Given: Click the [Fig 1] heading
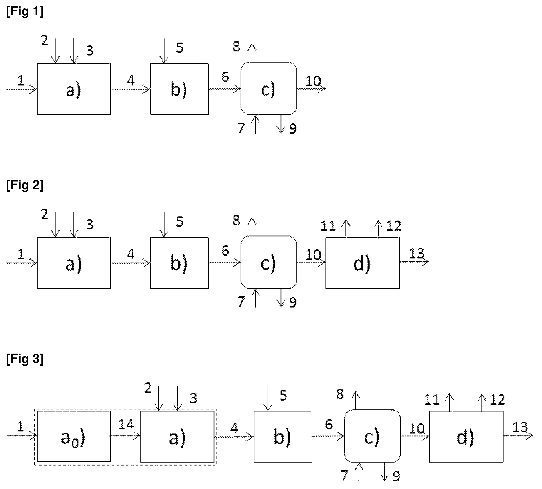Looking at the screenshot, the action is coord(25,12).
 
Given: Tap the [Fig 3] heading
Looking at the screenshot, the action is coord(25,359).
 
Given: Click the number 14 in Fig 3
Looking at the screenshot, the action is coord(126,425).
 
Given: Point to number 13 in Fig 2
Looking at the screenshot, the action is coord(417,253).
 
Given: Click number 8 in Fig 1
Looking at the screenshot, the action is coord(236,46).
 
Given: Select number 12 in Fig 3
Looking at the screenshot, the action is coord(497,400).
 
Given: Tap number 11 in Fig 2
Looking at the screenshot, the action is coord(328,226).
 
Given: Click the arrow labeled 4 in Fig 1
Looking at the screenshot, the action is coord(130,89).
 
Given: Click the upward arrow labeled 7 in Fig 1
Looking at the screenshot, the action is coord(256,124).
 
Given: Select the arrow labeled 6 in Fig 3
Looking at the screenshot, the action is coord(328,436).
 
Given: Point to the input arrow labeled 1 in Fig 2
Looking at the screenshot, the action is coord(22,263).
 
